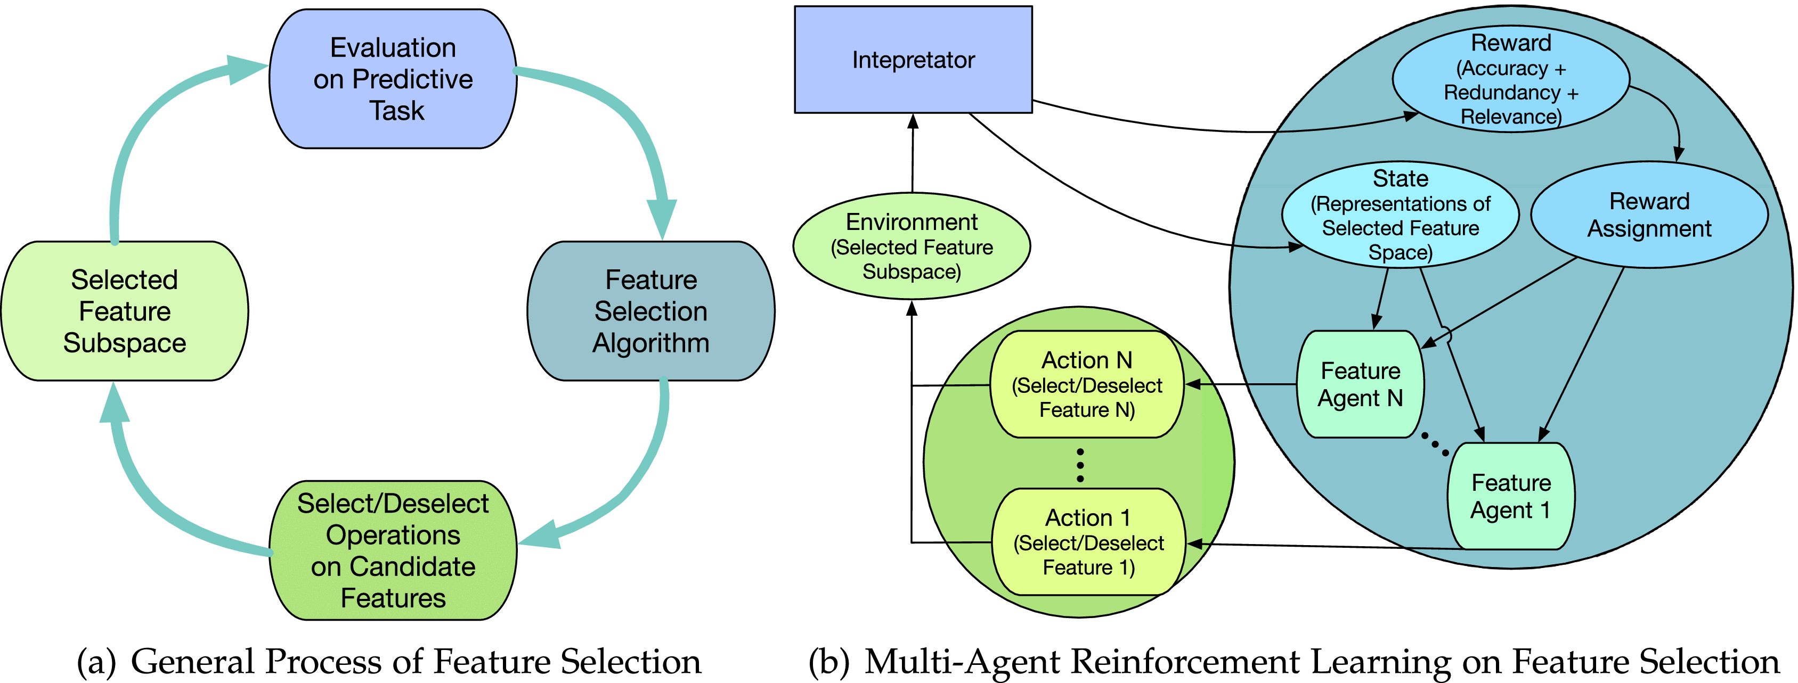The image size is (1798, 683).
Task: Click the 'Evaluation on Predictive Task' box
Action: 393,79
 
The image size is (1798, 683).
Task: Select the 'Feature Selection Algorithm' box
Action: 650,311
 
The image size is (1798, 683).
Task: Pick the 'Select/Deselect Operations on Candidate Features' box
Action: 393,550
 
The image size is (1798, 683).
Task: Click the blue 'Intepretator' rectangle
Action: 913,60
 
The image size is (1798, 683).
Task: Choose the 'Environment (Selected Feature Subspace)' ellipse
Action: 912,246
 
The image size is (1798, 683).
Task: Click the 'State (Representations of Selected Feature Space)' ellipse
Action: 1400,215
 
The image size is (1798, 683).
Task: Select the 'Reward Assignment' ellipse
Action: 1649,215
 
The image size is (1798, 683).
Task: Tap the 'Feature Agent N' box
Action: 1360,384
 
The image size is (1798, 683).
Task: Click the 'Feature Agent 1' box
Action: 1510,496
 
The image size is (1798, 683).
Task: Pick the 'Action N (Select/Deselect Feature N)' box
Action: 1087,384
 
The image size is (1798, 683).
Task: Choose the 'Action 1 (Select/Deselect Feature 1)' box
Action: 1088,542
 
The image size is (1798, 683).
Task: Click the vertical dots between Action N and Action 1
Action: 1080,465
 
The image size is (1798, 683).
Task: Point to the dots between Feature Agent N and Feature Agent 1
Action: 1435,443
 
